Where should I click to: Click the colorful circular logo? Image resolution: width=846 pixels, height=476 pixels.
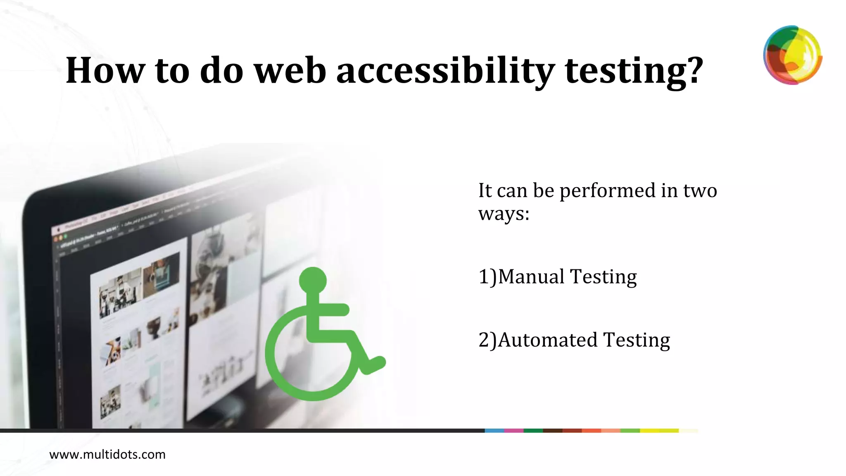click(x=792, y=55)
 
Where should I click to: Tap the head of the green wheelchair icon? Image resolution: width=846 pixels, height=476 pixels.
click(x=313, y=281)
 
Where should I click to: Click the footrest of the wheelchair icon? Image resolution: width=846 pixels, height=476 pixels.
click(x=374, y=364)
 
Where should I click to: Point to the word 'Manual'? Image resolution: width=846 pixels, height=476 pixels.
click(x=531, y=276)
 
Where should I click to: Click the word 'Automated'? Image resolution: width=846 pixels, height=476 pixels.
click(x=547, y=340)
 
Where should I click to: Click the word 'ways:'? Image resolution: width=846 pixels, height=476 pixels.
click(x=504, y=214)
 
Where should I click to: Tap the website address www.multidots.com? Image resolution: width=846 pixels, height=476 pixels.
click(x=107, y=455)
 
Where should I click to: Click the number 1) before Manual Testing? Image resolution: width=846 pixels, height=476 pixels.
click(x=487, y=276)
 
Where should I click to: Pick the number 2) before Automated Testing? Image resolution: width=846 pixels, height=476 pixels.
click(x=487, y=340)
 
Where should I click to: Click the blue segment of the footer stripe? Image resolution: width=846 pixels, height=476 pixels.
click(x=494, y=431)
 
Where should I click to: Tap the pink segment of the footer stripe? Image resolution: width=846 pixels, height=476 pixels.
click(x=514, y=431)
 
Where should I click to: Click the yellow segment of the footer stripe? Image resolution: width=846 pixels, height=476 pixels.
click(x=659, y=431)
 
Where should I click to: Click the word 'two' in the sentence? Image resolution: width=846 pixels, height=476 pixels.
click(x=700, y=190)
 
